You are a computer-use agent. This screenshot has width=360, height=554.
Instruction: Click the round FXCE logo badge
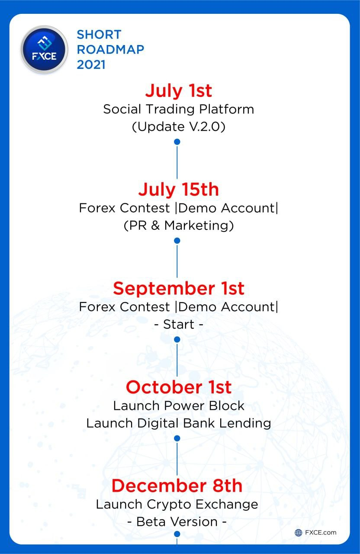[44, 50]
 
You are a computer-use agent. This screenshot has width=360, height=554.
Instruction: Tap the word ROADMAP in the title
[110, 49]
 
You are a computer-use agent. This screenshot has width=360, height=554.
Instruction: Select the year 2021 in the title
[91, 65]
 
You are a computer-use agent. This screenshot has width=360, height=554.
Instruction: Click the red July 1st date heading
[178, 91]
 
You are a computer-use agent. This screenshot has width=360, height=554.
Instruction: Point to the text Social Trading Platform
[178, 109]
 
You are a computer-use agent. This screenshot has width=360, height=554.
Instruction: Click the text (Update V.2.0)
[178, 127]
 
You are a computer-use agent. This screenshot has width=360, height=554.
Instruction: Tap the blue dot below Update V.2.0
[177, 142]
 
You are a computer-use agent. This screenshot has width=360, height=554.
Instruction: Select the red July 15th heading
[178, 190]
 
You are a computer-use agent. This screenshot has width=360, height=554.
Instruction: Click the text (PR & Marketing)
[178, 225]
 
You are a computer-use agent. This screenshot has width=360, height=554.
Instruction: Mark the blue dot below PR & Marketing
[177, 241]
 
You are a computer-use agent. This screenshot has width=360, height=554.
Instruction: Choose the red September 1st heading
[178, 289]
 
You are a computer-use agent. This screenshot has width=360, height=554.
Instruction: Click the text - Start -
[178, 324]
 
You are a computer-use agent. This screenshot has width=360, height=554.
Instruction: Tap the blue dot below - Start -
[177, 339]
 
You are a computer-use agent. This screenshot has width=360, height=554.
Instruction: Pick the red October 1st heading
[178, 387]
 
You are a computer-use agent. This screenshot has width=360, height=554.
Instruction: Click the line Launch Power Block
[178, 406]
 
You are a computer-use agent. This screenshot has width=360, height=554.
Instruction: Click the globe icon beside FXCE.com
[298, 533]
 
